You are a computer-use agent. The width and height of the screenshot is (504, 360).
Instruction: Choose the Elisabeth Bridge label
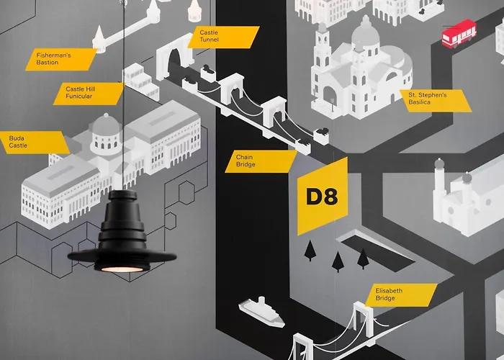(400, 294)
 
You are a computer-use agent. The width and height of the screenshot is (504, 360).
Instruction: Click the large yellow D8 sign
(322, 197)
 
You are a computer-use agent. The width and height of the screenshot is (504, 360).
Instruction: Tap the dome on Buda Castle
(105, 128)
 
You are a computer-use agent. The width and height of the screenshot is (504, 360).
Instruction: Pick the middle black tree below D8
(337, 260)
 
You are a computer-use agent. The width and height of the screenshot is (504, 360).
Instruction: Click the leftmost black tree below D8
(310, 250)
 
